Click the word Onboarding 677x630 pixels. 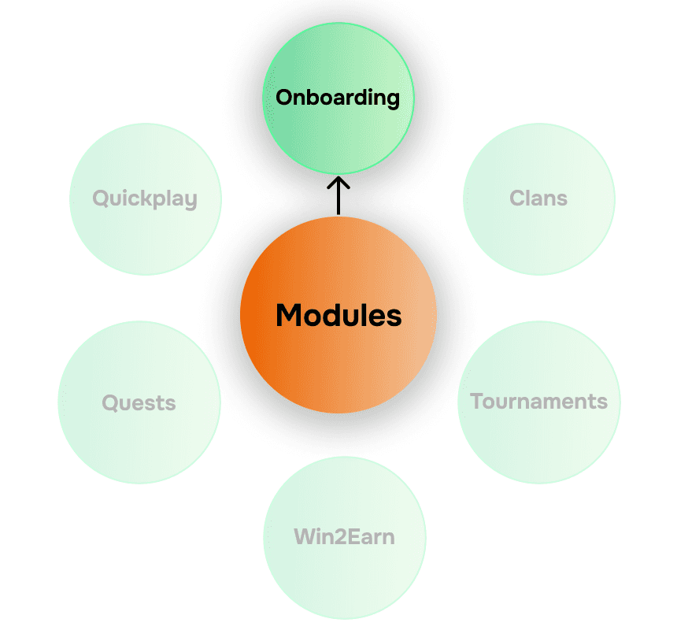pos(338,98)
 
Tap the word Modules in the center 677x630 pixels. pos(338,316)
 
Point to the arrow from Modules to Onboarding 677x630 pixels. pos(338,197)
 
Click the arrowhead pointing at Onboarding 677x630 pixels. pos(338,182)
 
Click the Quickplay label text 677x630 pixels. pos(145,198)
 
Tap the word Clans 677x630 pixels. pos(538,198)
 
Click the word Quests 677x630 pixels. pos(139,403)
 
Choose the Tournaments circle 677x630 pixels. pos(538,441)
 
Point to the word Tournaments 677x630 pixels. pos(538,402)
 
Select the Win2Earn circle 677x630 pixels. pos(344,575)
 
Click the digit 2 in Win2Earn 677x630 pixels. pos(335,538)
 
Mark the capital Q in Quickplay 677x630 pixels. pos(101,198)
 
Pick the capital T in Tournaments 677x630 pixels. pos(476,402)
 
